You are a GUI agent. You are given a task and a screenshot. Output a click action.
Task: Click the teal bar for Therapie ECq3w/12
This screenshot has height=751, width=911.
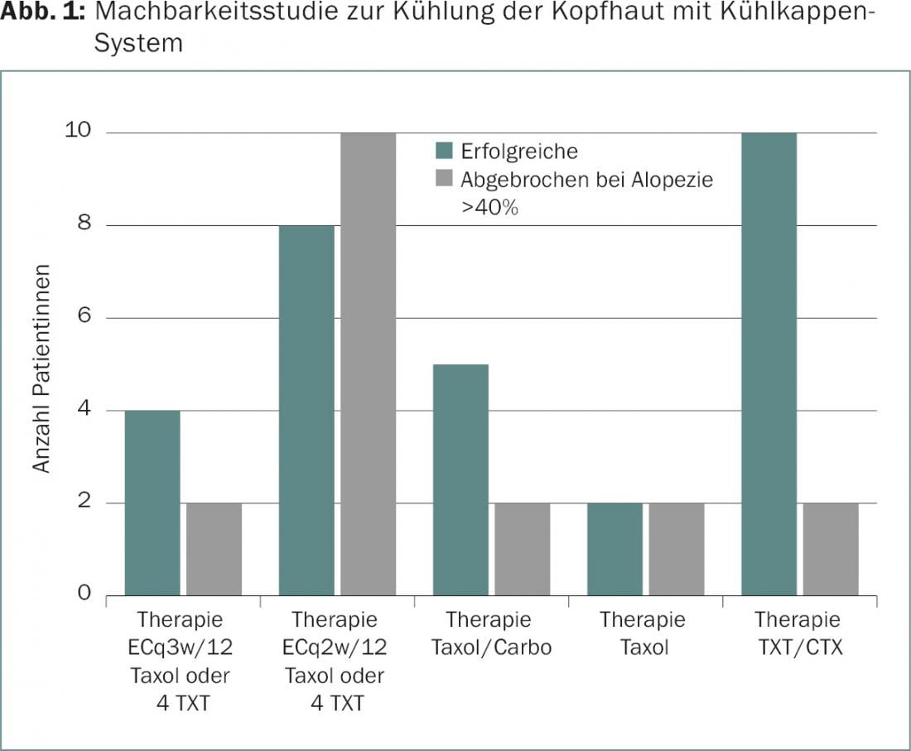pyautogui.click(x=152, y=503)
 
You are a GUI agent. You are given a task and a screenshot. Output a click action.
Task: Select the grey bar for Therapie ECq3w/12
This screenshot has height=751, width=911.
pyautogui.click(x=214, y=549)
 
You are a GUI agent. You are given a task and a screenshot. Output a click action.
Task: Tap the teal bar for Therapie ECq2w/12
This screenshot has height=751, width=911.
pyautogui.click(x=306, y=410)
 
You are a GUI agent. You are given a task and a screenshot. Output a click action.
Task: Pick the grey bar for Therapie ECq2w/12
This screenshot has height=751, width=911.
pyautogui.click(x=369, y=364)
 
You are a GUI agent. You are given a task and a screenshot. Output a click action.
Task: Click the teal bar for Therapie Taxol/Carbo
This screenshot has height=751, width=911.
pyautogui.click(x=460, y=479)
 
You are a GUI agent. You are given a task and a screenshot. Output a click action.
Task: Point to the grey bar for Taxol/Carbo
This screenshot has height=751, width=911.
pyautogui.click(x=523, y=549)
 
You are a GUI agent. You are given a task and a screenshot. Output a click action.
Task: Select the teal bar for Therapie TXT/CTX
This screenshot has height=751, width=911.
pyautogui.click(x=769, y=364)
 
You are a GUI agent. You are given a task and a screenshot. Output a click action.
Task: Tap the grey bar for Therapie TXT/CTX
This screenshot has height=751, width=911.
pyautogui.click(x=831, y=549)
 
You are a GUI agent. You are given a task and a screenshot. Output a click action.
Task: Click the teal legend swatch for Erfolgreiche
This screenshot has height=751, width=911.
pyautogui.click(x=445, y=151)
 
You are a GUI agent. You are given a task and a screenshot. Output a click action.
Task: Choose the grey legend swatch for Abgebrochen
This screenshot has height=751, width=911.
pyautogui.click(x=445, y=179)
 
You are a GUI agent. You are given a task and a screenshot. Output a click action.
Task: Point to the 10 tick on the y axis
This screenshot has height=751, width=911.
pyautogui.click(x=80, y=132)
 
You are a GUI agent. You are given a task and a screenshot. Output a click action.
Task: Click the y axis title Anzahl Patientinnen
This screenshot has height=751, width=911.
pyautogui.click(x=42, y=369)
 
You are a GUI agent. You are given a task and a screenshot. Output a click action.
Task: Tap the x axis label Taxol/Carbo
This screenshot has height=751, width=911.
pyautogui.click(x=491, y=647)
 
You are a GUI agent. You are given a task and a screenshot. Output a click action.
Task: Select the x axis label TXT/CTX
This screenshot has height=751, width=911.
pyautogui.click(x=800, y=647)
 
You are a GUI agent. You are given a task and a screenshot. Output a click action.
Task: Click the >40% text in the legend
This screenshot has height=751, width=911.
pyautogui.click(x=489, y=207)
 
